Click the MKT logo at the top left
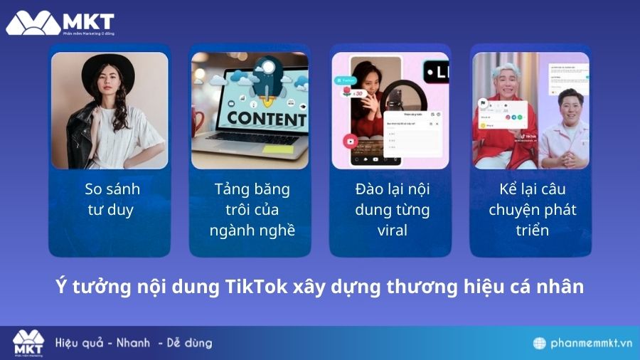tap(60, 23)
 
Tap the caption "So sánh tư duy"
tap(112, 199)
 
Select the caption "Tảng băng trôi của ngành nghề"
tap(252, 210)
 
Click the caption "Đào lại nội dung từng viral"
tap(393, 210)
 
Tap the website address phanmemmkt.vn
tap(592, 343)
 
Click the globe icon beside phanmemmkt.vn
tap(541, 343)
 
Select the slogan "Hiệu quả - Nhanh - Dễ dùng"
tap(134, 343)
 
